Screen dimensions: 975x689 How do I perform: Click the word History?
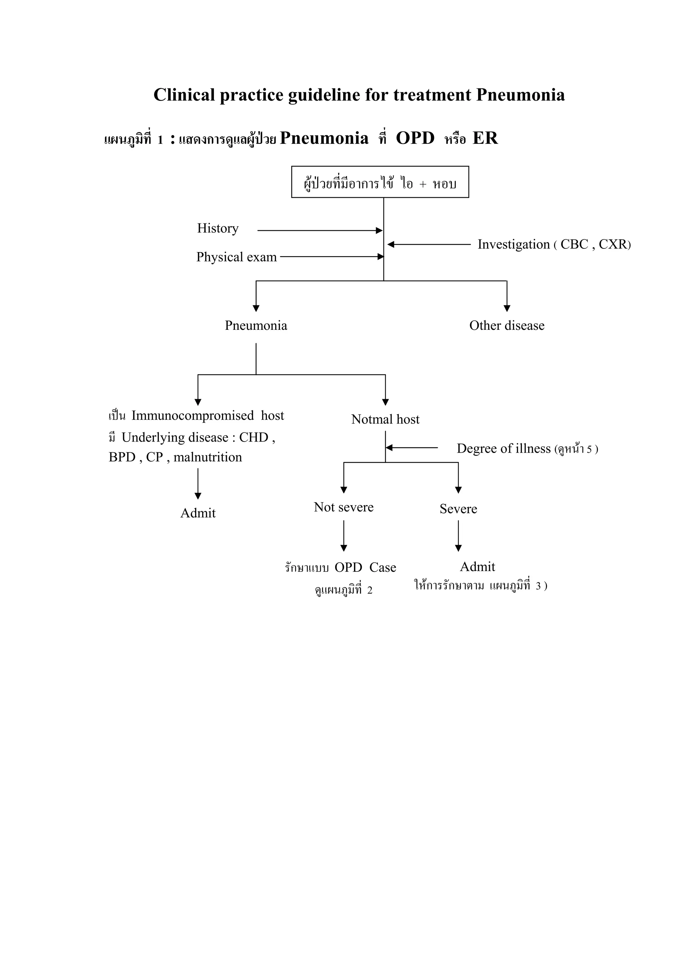coord(218,229)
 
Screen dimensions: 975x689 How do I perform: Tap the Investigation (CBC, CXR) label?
coord(554,245)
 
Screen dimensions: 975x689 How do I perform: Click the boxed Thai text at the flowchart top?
coord(380,183)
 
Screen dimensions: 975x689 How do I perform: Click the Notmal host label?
coord(385,420)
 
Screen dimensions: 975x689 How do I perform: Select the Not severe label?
coord(343,507)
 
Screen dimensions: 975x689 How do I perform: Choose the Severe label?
coord(458,509)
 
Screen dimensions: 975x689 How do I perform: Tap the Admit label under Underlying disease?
coord(198,513)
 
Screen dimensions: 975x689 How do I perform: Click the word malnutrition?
coord(208,457)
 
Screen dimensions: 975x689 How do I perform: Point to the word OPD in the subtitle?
coord(415,138)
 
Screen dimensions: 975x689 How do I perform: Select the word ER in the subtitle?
coord(485,138)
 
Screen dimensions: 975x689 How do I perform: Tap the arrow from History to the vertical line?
coord(320,231)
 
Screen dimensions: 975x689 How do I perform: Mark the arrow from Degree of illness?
coord(412,448)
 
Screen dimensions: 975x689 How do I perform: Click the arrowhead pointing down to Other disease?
coord(507,308)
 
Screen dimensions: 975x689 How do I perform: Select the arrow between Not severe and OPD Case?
coord(344,536)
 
